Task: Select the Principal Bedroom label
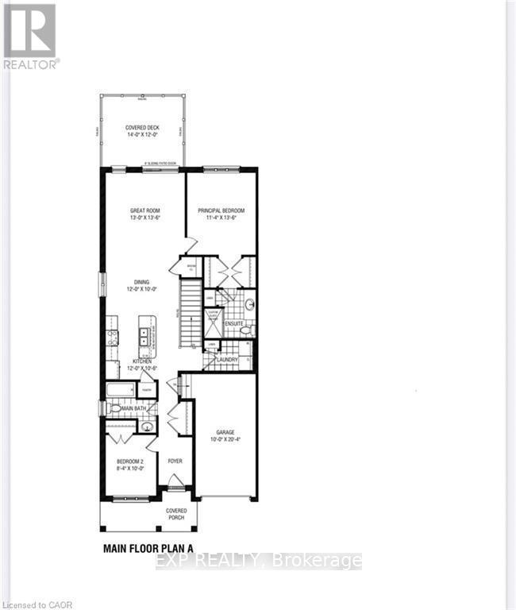click(x=221, y=214)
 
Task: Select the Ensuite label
click(x=233, y=325)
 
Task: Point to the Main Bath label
click(x=132, y=408)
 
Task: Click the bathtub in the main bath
click(x=123, y=391)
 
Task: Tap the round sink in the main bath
click(x=146, y=427)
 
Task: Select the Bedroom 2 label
click(x=130, y=464)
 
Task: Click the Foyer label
click(x=174, y=461)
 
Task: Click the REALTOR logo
click(x=29, y=35)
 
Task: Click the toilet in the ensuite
click(x=245, y=329)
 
